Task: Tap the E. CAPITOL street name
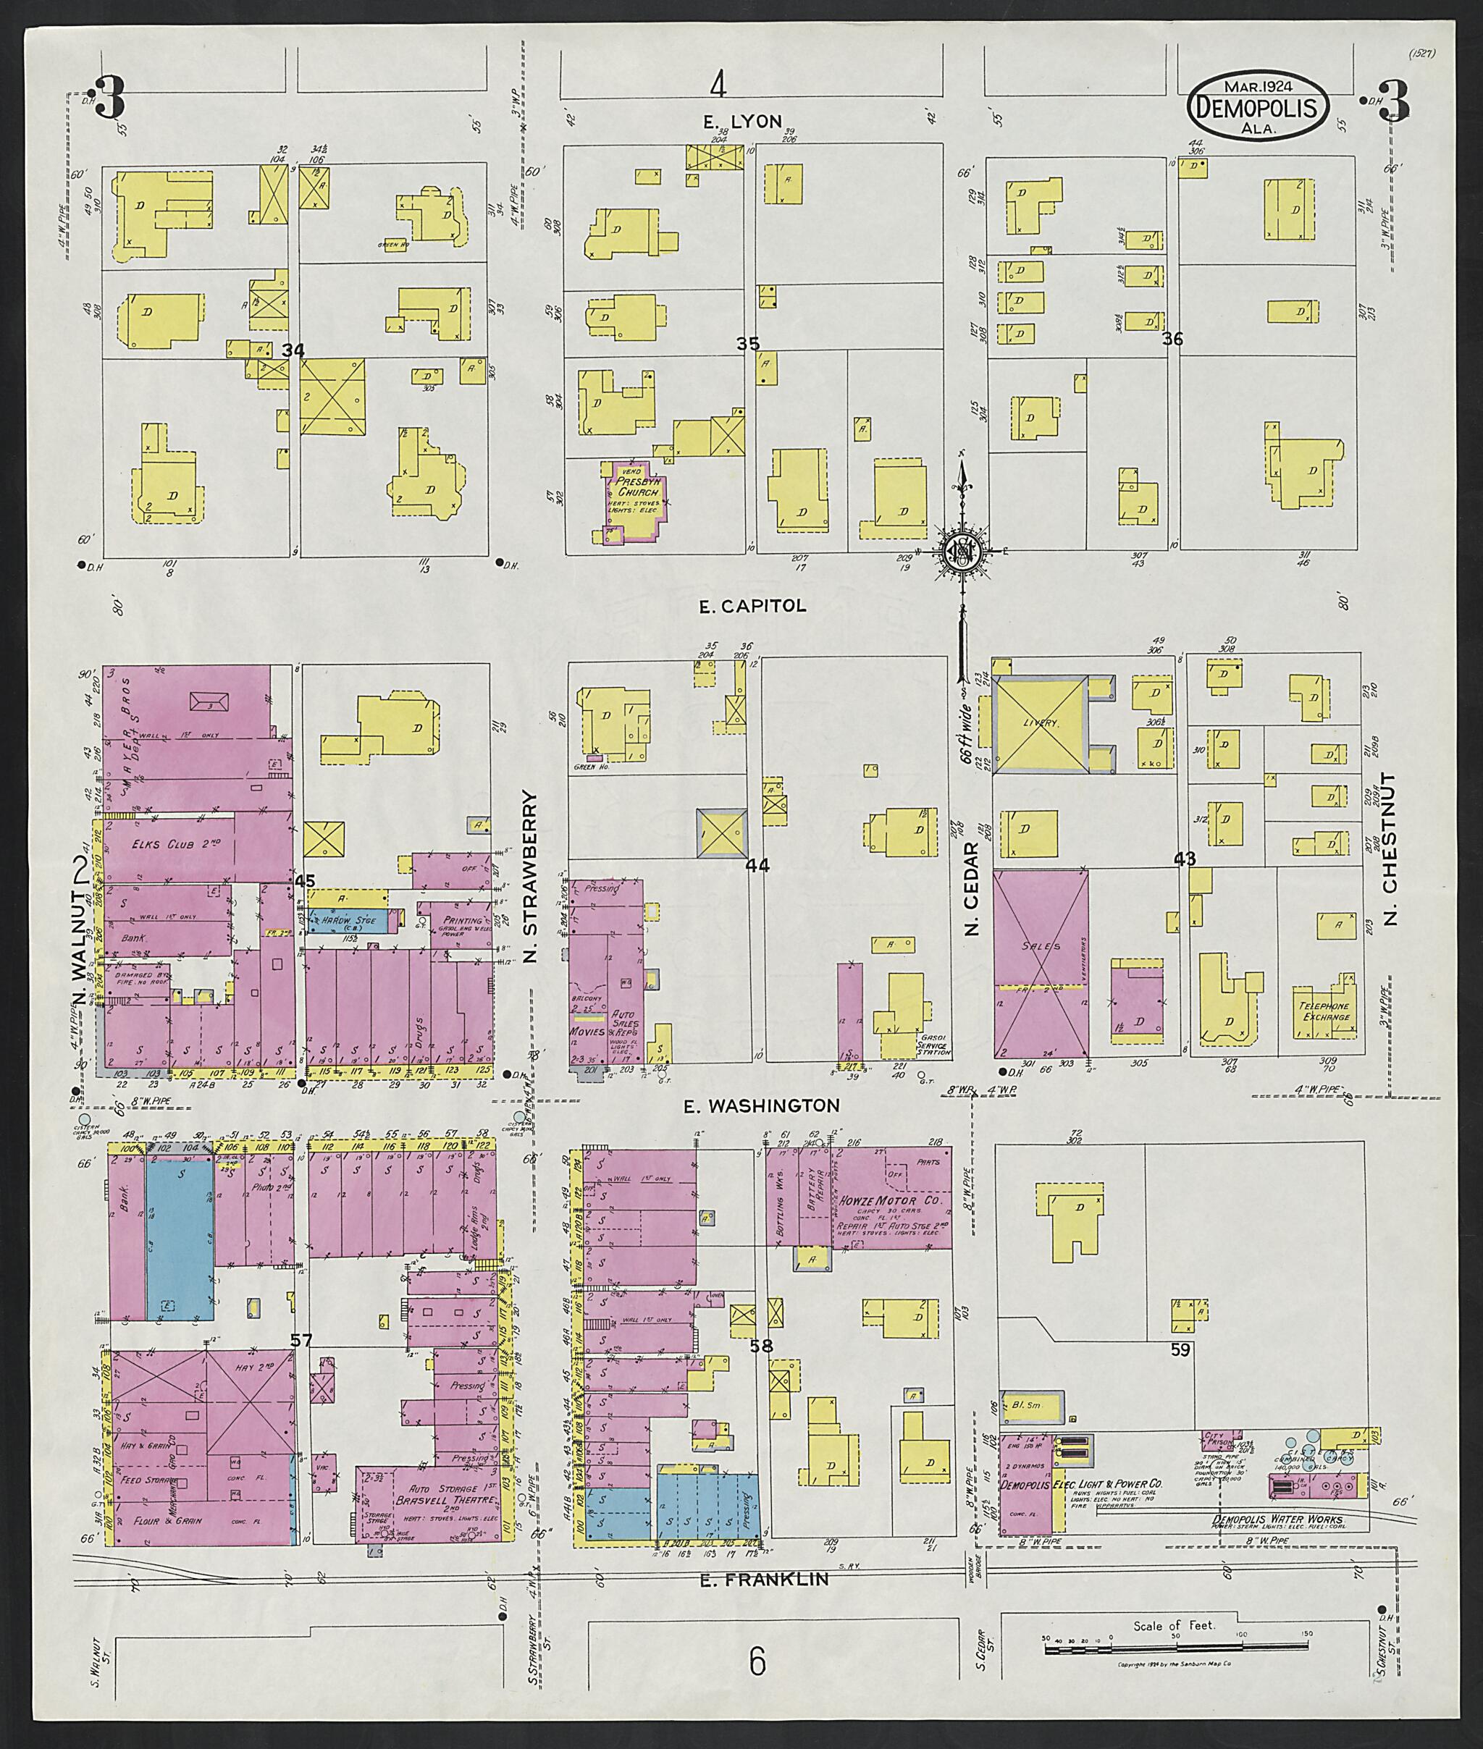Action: click(752, 605)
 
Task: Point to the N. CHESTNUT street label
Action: click(1388, 849)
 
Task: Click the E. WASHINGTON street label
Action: click(761, 1105)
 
